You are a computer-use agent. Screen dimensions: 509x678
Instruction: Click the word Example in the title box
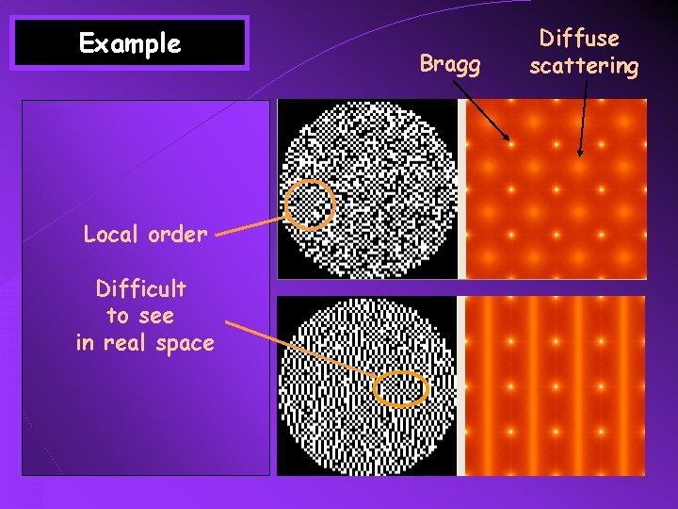pos(130,43)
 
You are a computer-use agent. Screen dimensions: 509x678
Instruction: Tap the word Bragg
pos(450,64)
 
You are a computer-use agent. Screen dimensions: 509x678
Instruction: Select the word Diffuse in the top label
pos(579,39)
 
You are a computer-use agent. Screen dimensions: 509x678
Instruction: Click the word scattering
pos(584,66)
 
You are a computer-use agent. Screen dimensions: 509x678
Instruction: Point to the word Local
pos(112,234)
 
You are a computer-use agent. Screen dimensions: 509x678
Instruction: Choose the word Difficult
pos(141,287)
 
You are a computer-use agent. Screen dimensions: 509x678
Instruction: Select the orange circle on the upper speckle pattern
pos(310,205)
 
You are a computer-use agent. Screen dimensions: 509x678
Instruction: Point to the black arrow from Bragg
pos(481,111)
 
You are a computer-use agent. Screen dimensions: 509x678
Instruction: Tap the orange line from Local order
pos(251,225)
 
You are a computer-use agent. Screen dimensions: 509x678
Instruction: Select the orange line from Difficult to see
pos(301,348)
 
